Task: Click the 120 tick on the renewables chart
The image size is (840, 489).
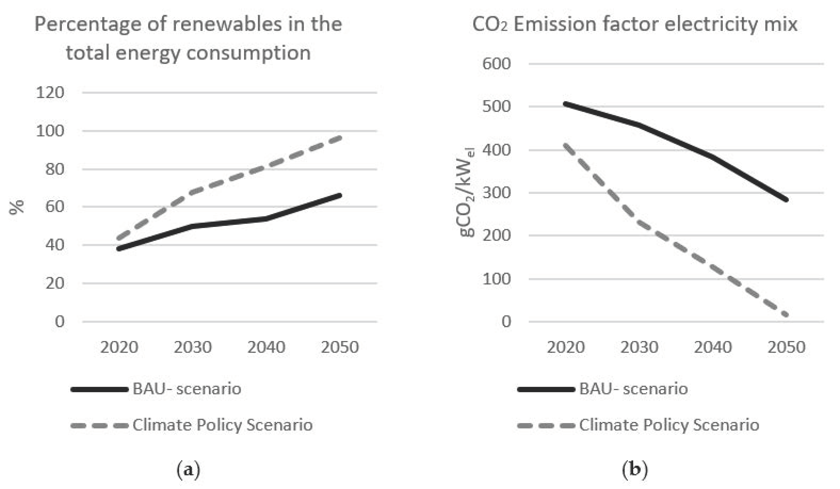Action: (x=50, y=93)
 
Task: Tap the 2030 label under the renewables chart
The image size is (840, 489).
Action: (x=193, y=347)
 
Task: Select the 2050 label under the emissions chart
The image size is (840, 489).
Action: (x=786, y=347)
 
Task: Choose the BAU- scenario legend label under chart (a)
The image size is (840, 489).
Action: (x=187, y=389)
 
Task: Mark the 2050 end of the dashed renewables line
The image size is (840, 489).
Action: (x=339, y=137)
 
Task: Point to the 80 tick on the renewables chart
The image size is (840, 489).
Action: (x=54, y=169)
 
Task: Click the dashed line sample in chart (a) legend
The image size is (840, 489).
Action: (x=99, y=425)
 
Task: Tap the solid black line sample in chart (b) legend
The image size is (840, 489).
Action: (x=546, y=389)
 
